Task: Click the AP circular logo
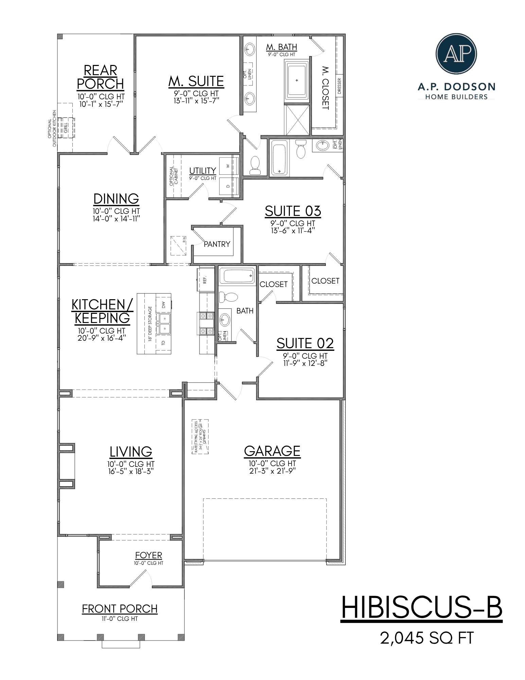[x=456, y=54]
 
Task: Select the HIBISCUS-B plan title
[x=421, y=608]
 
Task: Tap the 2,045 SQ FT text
[x=427, y=638]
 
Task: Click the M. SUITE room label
[x=196, y=82]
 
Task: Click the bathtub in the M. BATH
[x=297, y=81]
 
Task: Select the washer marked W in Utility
[x=228, y=166]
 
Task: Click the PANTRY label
[x=217, y=244]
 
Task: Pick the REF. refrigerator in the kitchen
[x=205, y=279]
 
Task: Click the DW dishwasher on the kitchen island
[x=163, y=304]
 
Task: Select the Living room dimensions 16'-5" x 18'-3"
[x=131, y=471]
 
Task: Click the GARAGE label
[x=272, y=452]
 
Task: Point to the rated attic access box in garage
[x=200, y=437]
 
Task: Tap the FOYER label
[x=148, y=556]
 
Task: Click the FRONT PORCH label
[x=120, y=609]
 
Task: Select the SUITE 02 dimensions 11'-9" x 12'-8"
[x=305, y=363]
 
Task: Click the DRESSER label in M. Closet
[x=339, y=86]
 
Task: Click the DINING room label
[x=116, y=199]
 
